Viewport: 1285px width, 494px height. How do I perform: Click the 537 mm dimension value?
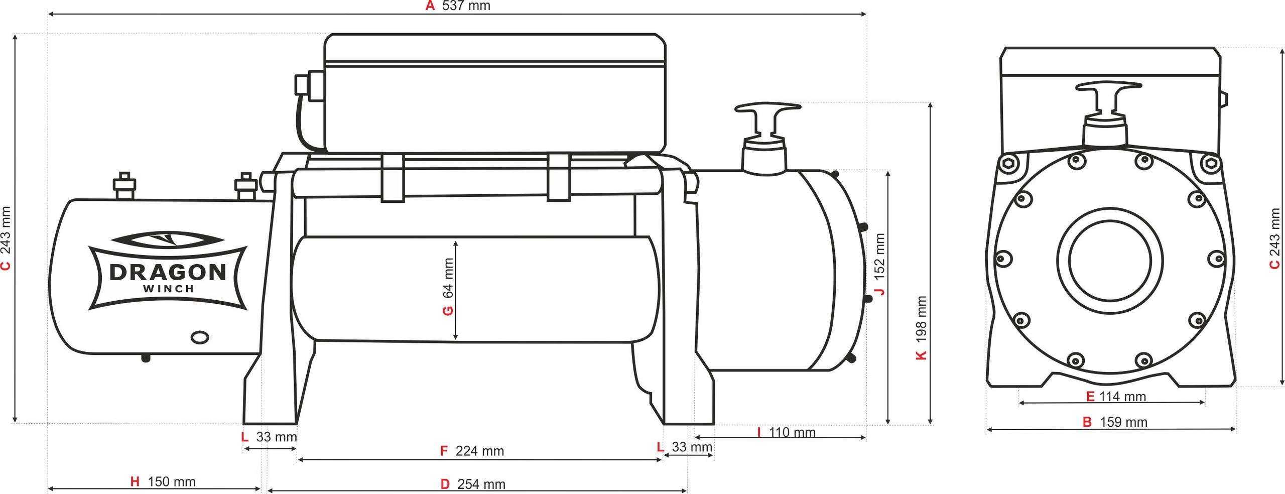coord(466,6)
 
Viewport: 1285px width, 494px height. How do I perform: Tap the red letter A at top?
coord(430,6)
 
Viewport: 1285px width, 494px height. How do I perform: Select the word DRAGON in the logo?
coord(168,272)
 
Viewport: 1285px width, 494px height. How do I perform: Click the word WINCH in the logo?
coord(169,289)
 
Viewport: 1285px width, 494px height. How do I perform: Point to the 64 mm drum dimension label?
coord(448,287)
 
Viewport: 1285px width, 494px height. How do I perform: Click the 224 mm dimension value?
coord(480,451)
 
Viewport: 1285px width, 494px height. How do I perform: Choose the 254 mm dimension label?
coord(481,484)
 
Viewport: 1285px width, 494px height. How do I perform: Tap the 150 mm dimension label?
coord(172,481)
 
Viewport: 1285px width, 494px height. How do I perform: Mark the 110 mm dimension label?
coord(792,432)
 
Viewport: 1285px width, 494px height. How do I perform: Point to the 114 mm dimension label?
coord(1123,397)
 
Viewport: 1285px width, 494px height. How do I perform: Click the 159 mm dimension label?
coord(1124,422)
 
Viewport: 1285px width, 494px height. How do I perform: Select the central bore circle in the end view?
coord(1110,260)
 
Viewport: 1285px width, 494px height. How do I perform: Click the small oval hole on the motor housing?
coord(200,337)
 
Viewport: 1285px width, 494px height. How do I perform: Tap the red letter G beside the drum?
coord(448,311)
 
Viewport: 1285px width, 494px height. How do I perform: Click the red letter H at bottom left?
coord(135,481)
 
